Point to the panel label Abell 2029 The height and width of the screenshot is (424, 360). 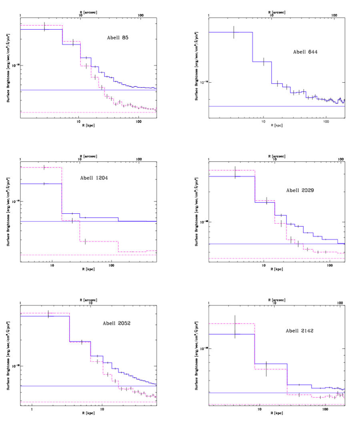click(x=300, y=190)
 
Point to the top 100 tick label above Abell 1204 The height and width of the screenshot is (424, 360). click(x=139, y=159)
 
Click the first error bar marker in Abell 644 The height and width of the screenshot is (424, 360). click(x=234, y=32)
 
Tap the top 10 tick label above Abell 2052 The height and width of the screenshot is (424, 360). click(x=91, y=303)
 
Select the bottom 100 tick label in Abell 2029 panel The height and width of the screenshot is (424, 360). click(x=330, y=265)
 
